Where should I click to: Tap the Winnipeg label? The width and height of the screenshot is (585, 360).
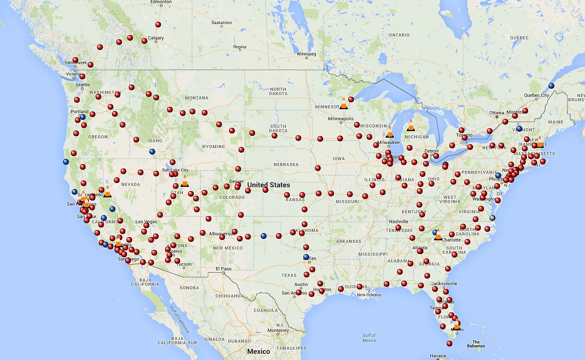point(306,54)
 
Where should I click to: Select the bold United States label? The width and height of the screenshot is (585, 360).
point(268,185)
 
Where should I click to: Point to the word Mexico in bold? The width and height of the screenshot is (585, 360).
point(259,351)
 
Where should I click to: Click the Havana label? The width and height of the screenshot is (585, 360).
point(438,356)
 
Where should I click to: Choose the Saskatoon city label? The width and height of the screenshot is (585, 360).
point(221,23)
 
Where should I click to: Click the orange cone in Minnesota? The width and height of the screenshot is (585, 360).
point(344,103)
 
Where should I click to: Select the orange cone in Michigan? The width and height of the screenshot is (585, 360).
point(411,125)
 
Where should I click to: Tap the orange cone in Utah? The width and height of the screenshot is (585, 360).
point(185,181)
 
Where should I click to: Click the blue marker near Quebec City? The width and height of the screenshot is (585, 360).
point(551,85)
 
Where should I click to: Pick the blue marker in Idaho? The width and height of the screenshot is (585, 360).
point(152,152)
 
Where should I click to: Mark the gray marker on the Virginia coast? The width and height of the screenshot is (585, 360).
point(492,218)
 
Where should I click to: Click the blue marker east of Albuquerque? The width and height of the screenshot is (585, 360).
point(263,236)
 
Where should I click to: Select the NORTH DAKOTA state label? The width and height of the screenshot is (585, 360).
point(278,92)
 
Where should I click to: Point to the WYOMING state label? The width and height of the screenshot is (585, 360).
point(213,147)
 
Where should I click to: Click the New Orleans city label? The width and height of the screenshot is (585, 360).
point(369,295)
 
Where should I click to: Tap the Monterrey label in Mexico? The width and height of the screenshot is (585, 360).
point(278,331)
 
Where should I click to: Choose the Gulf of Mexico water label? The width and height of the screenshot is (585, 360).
point(369,338)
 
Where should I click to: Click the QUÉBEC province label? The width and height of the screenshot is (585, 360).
point(519,37)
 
